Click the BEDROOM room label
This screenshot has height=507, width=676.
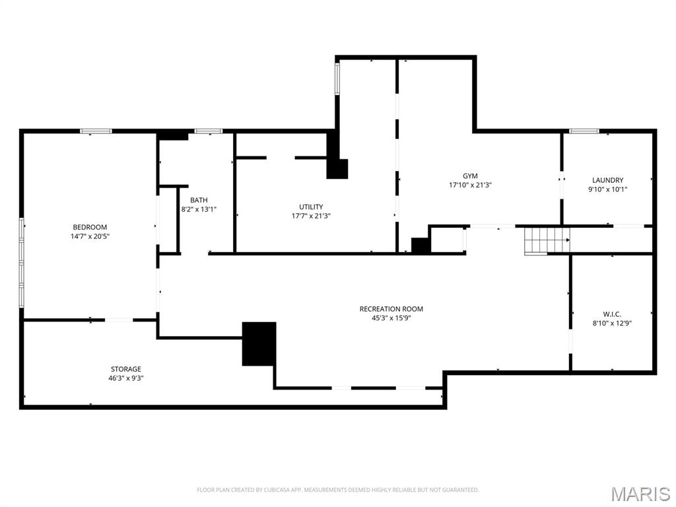pos(89,227)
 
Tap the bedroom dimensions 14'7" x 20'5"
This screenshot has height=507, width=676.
pos(89,236)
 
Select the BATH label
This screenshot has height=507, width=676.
pos(199,200)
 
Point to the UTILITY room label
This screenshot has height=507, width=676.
pos(311,207)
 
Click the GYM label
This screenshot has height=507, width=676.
pos(470,176)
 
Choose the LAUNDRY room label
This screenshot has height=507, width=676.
pos(607,180)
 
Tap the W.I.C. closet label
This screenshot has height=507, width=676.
pos(612,314)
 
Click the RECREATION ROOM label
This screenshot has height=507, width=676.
pos(391,309)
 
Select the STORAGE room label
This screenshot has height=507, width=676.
pos(125,369)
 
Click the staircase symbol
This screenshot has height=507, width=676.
pos(547,240)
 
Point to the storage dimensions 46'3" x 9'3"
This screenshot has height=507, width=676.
pos(125,378)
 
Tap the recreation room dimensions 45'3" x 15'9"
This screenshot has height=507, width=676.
pos(391,318)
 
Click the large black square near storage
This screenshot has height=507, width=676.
pos(259,343)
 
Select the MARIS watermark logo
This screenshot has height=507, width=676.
pos(640,494)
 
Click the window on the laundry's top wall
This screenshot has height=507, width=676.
pos(584,131)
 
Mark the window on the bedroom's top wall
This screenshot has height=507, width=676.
pos(96,131)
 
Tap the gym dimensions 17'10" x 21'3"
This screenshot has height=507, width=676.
pos(470,186)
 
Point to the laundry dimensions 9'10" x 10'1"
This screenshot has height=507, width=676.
pos(607,189)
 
